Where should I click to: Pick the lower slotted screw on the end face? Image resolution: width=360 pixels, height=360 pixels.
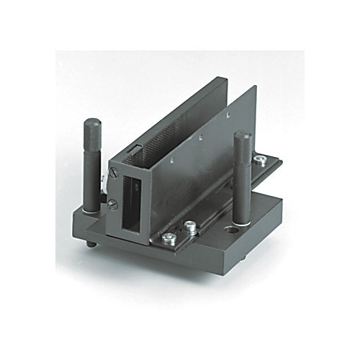[x=113, y=204]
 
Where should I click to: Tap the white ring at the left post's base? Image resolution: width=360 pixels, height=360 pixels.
[x=91, y=211]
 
